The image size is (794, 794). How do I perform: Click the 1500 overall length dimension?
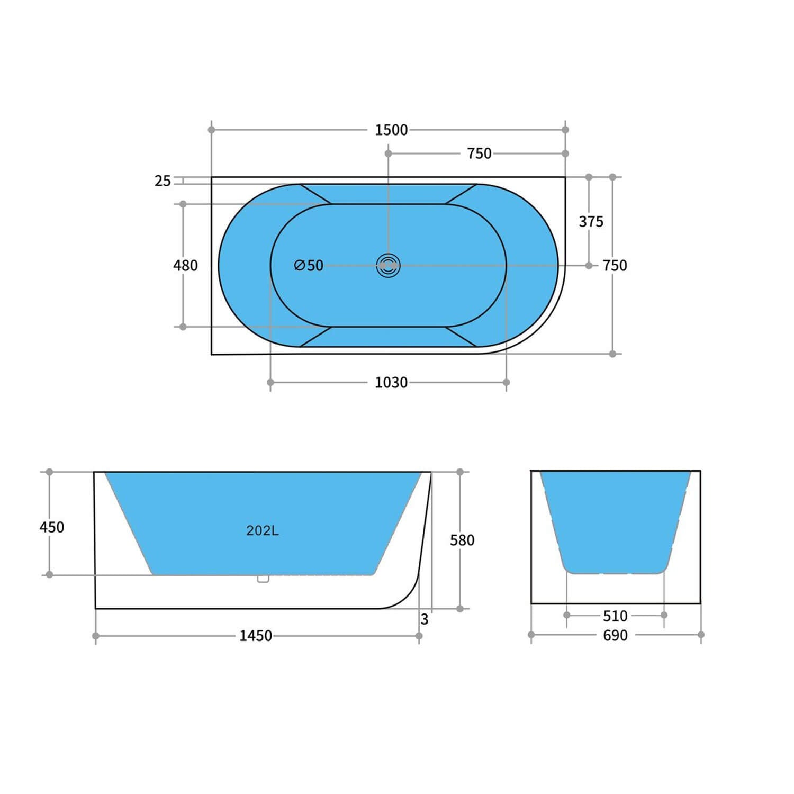tap(391, 130)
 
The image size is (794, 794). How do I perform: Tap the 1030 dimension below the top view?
tap(391, 382)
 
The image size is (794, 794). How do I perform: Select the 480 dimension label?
tap(185, 265)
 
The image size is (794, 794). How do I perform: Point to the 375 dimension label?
tap(591, 221)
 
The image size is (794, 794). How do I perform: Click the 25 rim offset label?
tap(163, 181)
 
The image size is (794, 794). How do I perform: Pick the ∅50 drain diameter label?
tap(309, 265)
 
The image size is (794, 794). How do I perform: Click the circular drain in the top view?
tap(389, 265)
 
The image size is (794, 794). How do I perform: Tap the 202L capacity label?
tap(262, 530)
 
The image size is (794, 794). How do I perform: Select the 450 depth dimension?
tap(52, 527)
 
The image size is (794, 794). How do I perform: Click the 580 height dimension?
tap(462, 540)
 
